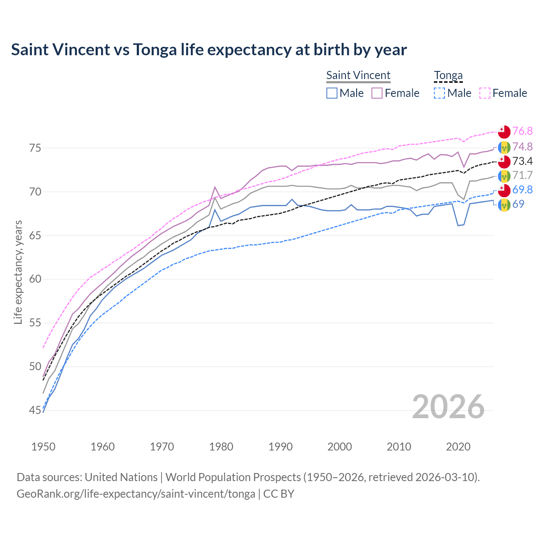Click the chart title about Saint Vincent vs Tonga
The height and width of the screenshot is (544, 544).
pos(209,50)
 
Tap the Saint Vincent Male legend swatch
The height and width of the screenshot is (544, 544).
pos(332,93)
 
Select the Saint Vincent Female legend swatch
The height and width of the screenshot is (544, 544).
pos(377,93)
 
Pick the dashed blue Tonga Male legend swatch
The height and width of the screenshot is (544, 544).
pos(439,93)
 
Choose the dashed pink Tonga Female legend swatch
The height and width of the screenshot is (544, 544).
pos(485,93)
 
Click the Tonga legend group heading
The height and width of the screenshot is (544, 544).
pos(448,76)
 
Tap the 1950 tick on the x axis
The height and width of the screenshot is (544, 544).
pos(43,447)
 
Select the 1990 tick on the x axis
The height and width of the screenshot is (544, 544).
pos(280,447)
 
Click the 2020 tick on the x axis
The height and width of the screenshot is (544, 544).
pos(459,447)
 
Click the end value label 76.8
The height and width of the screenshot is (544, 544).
pos(522,131)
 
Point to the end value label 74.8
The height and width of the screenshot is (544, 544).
pos(522,147)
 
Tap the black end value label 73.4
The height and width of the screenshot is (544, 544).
pos(522,161)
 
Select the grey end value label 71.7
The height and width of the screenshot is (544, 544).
pos(522,176)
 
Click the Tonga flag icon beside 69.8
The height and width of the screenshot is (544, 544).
pos(504,190)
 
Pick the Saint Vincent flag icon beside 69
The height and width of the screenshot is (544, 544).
pos(504,205)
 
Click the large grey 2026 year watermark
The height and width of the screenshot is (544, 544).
pos(448,407)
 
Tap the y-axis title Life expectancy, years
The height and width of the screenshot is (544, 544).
pos(18,272)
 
